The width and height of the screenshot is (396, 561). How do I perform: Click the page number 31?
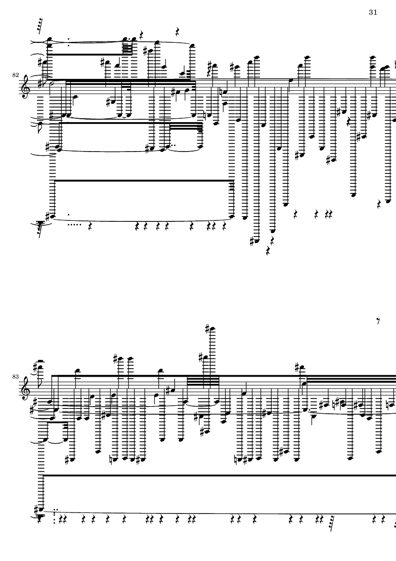pyautogui.click(x=373, y=12)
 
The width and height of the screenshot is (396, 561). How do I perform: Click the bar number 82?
pyautogui.click(x=15, y=75)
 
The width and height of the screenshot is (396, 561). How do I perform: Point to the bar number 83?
pyautogui.click(x=15, y=377)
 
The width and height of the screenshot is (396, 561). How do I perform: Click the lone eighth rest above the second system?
pyautogui.click(x=378, y=321)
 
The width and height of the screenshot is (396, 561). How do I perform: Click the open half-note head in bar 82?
pyautogui.click(x=53, y=84)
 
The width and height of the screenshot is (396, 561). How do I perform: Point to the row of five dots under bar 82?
pyautogui.click(x=74, y=225)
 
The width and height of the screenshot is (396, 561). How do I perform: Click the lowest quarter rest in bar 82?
pyautogui.click(x=268, y=251)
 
